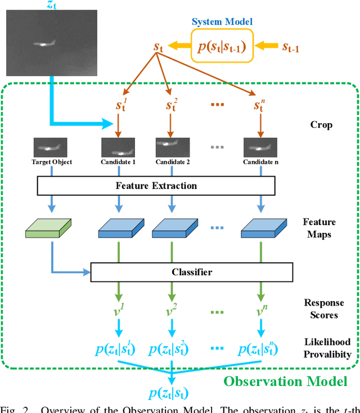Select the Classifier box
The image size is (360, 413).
[x=192, y=272]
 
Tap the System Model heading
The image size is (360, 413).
[x=223, y=22]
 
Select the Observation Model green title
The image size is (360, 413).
[x=285, y=381]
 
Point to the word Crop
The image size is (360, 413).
[x=322, y=124]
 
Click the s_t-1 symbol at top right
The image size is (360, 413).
[x=290, y=47]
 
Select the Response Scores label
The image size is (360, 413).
[x=323, y=309]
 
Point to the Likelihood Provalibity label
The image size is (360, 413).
[x=327, y=348]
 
